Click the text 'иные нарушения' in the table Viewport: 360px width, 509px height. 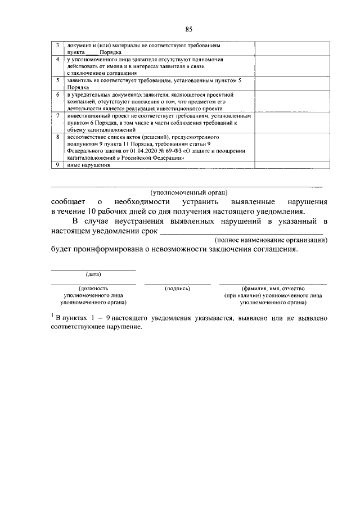tap(87, 165)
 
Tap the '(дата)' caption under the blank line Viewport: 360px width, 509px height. tap(93, 274)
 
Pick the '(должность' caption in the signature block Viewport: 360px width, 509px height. tap(93, 288)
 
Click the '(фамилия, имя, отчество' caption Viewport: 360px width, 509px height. tap(273, 288)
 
